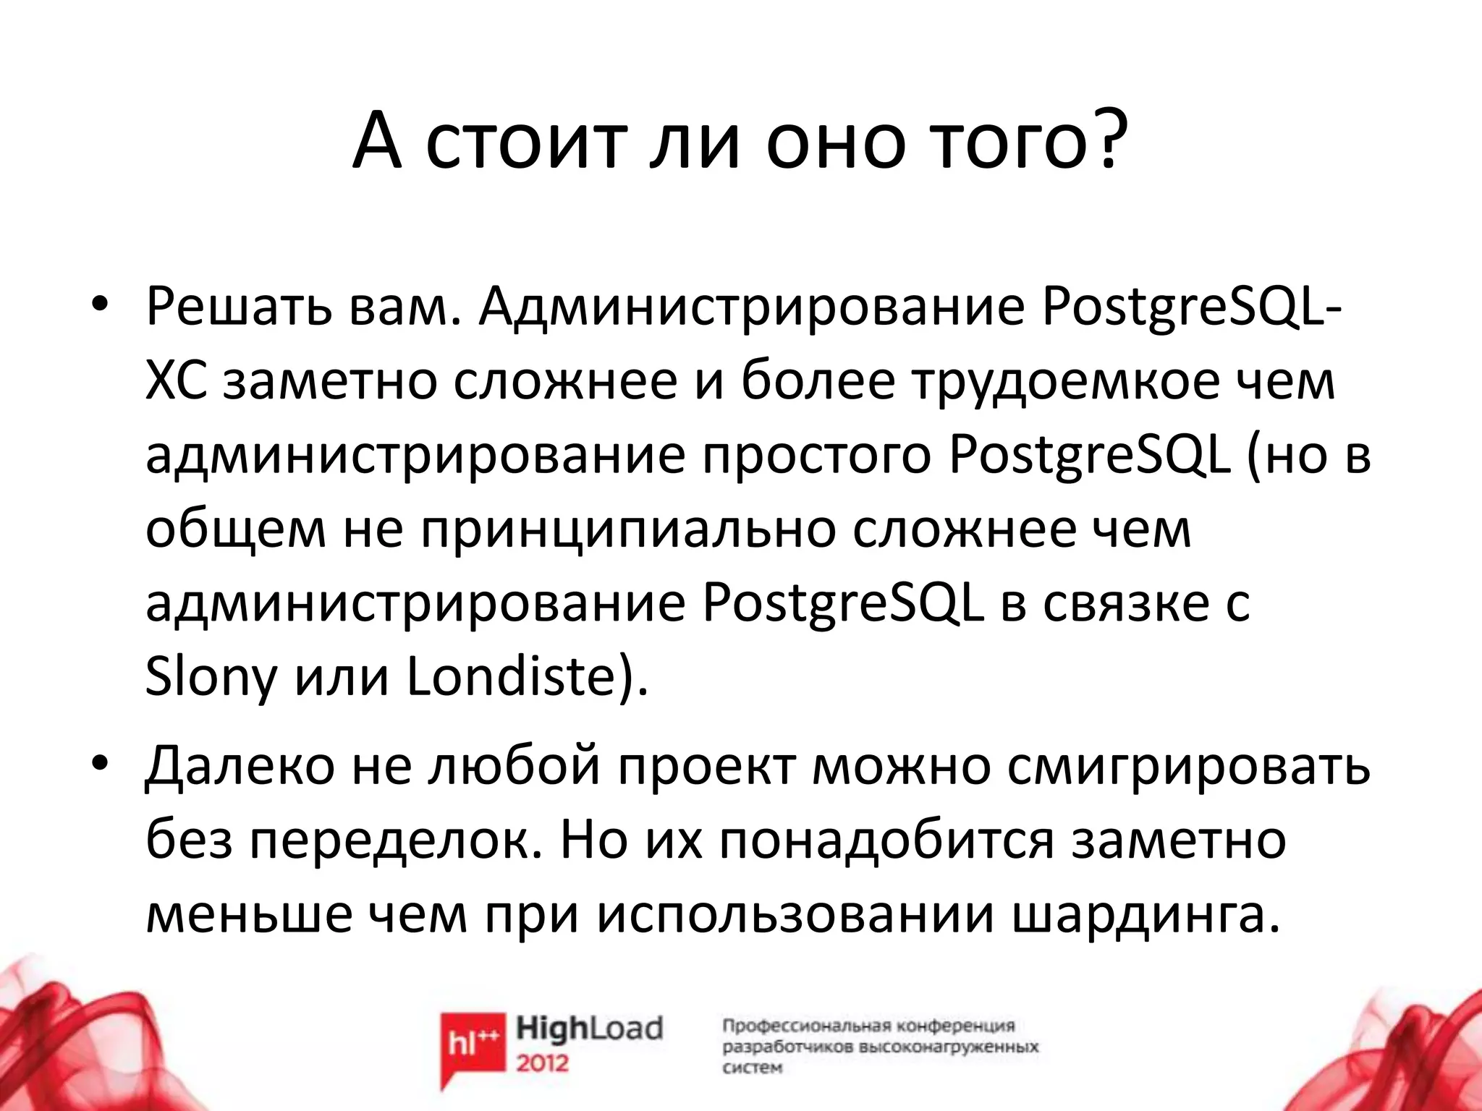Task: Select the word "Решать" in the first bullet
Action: tap(238, 309)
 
